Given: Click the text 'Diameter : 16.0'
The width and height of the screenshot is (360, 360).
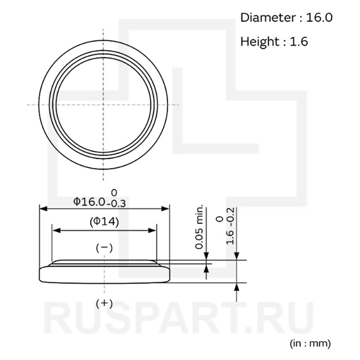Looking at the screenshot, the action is click(x=286, y=17).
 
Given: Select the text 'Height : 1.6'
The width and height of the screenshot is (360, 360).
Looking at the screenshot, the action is click(x=274, y=42).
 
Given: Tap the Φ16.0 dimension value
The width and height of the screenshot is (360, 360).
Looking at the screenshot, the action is click(x=89, y=202).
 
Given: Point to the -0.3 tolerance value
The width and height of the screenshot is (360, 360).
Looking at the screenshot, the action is click(x=116, y=204).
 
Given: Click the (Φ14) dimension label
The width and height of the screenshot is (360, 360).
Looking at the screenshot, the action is click(x=104, y=222).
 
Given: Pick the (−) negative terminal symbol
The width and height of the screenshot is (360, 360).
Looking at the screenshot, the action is click(x=104, y=248).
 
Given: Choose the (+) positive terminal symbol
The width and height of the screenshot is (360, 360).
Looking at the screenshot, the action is click(x=104, y=303).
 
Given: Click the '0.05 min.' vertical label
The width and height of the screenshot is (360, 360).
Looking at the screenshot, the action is click(x=199, y=226).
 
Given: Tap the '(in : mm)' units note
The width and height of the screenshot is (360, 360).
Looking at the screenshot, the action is click(x=310, y=344).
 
